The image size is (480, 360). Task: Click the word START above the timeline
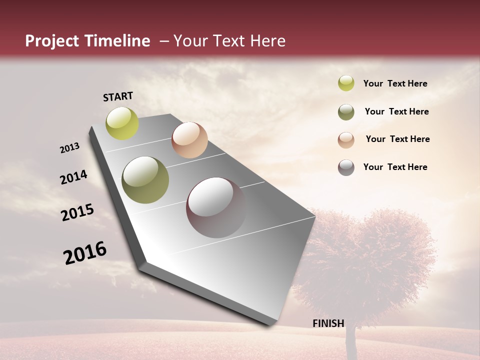tap(118, 96)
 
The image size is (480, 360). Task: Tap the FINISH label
tap(328, 323)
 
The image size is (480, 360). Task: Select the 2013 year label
tap(70, 148)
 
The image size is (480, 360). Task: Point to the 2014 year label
tap(73, 177)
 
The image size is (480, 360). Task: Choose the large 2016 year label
tap(85, 252)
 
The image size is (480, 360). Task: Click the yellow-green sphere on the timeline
tap(122, 123)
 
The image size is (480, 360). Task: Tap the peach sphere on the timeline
tap(189, 140)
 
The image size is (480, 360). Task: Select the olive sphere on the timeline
tap(145, 180)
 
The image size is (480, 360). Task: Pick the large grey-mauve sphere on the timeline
tap(216, 207)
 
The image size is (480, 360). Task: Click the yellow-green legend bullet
tap(346, 83)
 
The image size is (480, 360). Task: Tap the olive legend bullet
tap(346, 112)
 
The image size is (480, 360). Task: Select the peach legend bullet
tap(346, 140)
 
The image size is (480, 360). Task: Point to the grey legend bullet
tap(346, 167)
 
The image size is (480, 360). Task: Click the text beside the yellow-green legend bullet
tap(395, 83)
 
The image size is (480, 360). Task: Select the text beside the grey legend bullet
tap(395, 167)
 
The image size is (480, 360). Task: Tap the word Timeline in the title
tap(117, 41)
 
